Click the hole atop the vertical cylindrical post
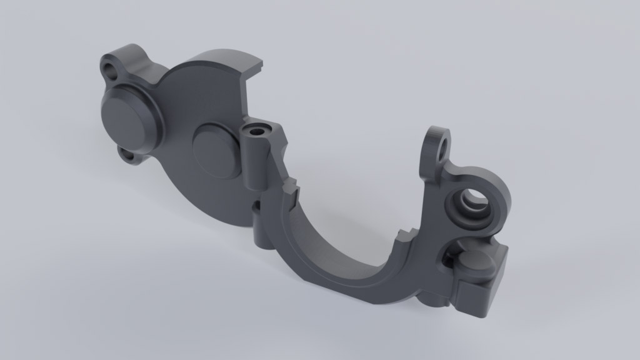[257, 131]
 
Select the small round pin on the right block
[476, 266]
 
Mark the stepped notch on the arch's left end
[291, 187]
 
